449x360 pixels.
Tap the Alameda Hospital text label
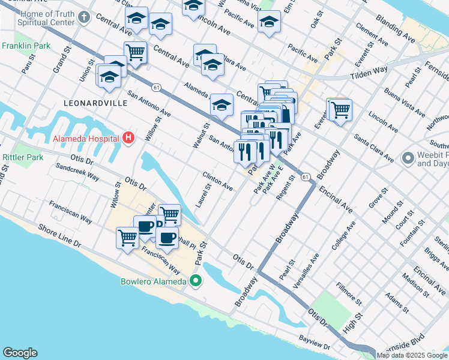(86, 139)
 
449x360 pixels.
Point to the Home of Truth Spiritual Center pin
(83, 16)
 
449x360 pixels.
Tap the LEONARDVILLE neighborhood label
(97, 103)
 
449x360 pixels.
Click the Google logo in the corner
(20, 352)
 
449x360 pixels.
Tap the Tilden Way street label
(369, 72)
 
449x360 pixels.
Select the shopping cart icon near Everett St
(341, 110)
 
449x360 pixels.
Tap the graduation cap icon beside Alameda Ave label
(221, 106)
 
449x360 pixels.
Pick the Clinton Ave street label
(217, 180)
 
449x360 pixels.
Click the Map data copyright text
(412, 355)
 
